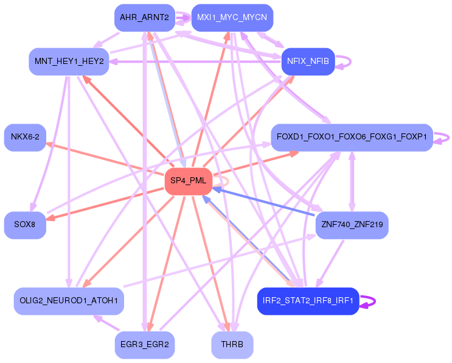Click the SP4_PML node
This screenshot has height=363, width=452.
click(188, 181)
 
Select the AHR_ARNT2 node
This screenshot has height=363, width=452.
click(144, 18)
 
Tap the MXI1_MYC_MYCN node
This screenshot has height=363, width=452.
click(232, 18)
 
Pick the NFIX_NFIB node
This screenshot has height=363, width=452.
click(308, 62)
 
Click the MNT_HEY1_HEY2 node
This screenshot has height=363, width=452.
click(69, 62)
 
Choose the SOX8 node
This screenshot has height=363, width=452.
click(25, 225)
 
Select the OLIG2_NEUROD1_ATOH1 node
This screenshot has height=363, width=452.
click(69, 301)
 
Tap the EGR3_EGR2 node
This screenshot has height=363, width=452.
click(144, 345)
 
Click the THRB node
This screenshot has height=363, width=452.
click(232, 345)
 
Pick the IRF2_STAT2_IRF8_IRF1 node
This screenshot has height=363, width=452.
click(308, 301)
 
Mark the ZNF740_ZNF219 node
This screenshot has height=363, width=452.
click(351, 225)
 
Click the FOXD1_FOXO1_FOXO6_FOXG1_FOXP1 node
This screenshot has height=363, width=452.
click(352, 136)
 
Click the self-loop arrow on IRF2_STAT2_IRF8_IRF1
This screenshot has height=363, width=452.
click(369, 301)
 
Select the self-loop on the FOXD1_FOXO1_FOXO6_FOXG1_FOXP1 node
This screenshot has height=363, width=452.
click(443, 137)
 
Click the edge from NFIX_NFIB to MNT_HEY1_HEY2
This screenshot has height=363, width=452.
click(195, 62)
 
